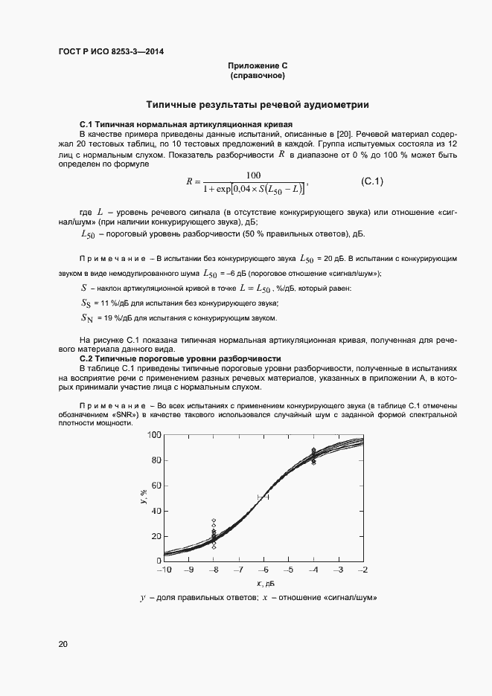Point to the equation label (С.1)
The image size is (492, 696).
(x=371, y=181)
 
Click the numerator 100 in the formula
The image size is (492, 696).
(x=253, y=175)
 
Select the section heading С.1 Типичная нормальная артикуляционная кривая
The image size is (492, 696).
(x=185, y=123)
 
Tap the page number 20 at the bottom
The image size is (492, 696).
(x=63, y=643)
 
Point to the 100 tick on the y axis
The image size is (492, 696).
(x=155, y=435)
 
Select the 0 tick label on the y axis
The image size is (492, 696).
(x=159, y=561)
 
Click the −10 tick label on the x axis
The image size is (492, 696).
(x=163, y=570)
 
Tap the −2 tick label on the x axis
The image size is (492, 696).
(x=362, y=570)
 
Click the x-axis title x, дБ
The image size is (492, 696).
(x=265, y=582)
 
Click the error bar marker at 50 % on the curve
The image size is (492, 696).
(x=263, y=497)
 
